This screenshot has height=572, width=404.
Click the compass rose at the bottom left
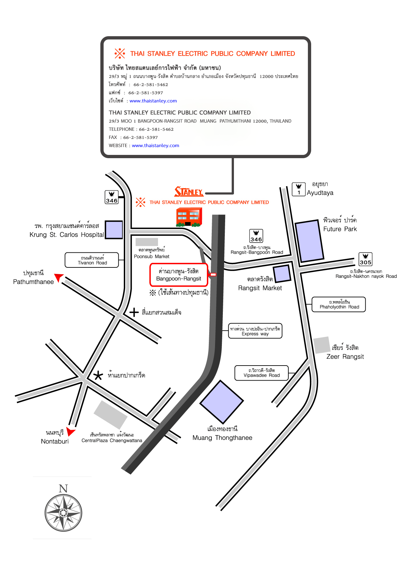(x=63, y=513)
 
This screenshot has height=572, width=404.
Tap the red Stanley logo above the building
(x=189, y=191)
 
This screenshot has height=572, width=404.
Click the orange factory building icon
(x=189, y=217)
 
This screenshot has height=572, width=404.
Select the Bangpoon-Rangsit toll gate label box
(x=179, y=275)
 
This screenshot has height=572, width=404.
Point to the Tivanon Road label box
(x=92, y=260)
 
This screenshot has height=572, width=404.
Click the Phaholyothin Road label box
(x=339, y=305)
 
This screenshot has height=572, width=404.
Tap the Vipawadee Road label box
(x=262, y=373)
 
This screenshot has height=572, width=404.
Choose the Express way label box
(x=255, y=331)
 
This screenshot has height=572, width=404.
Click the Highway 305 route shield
(x=366, y=259)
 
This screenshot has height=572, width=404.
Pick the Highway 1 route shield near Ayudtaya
(x=298, y=189)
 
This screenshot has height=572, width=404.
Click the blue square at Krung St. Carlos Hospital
(x=114, y=230)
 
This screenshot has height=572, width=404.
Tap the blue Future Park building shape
(x=310, y=241)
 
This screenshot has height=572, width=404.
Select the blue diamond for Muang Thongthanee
(x=222, y=402)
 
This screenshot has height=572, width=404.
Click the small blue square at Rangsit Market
(x=282, y=274)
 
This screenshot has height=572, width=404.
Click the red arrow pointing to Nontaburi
(x=70, y=431)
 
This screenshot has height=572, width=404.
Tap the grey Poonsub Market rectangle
(x=147, y=242)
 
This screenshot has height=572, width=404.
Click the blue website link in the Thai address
(x=153, y=101)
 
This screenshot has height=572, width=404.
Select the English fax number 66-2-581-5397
(x=140, y=137)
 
